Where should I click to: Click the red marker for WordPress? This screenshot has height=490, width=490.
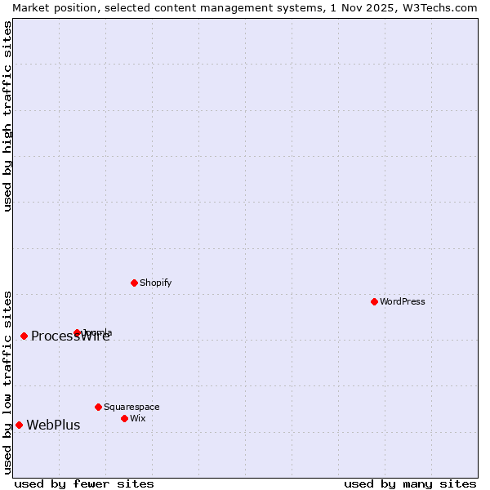click(374, 301)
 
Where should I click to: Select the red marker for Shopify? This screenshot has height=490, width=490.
click(134, 283)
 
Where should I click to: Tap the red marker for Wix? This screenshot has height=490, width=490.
click(124, 418)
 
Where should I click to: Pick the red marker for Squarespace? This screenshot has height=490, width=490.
click(98, 407)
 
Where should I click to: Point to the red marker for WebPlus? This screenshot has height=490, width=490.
click(19, 425)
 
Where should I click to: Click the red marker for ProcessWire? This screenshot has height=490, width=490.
click(24, 336)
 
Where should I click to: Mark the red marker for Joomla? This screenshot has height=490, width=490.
click(78, 332)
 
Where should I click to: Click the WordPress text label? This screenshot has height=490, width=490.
click(403, 301)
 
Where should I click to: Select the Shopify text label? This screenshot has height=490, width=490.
click(156, 283)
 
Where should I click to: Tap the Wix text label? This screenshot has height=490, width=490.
click(137, 418)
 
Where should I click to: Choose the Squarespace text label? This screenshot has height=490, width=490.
click(131, 407)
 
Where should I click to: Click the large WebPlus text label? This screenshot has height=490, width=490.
click(53, 425)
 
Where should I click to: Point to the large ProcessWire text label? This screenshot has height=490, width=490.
click(70, 336)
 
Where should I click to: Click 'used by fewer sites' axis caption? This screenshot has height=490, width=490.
click(84, 483)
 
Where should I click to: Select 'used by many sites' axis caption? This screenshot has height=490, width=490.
click(410, 483)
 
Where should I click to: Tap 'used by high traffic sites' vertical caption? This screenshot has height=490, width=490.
click(7, 116)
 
